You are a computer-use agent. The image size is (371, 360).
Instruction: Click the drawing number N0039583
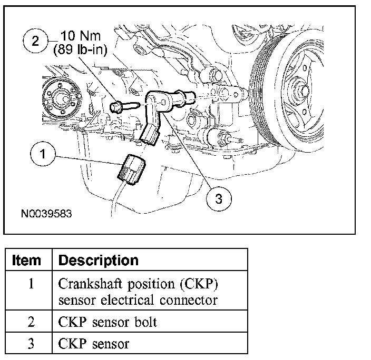tap(46, 214)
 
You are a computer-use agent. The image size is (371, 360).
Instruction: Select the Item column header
tap(26, 260)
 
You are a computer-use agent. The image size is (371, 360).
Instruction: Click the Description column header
tap(98, 260)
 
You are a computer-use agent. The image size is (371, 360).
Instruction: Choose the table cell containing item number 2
tap(30, 322)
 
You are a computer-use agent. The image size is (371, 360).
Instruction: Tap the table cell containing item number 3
tap(30, 344)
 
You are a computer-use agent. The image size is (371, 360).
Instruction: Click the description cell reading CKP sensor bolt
tap(108, 322)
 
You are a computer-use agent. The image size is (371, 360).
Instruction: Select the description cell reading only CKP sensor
tap(93, 344)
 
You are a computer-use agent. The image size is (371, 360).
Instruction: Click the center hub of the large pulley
tap(304, 90)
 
